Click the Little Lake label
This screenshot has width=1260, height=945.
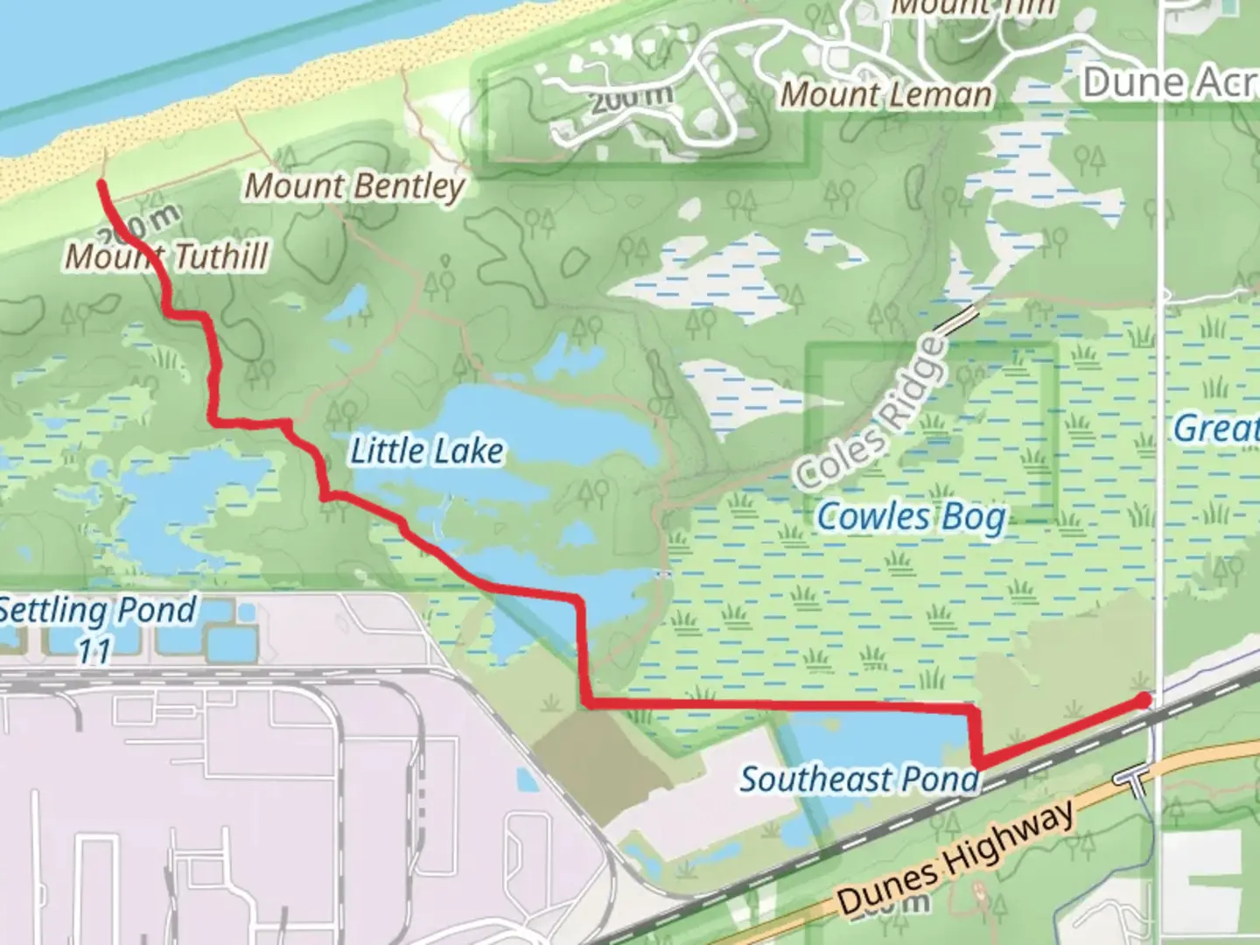(x=426, y=451)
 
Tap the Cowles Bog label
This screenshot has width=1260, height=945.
(x=910, y=516)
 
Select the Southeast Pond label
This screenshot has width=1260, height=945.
(x=859, y=779)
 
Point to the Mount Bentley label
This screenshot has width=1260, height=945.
(x=353, y=185)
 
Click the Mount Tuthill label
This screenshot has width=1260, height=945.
(x=167, y=255)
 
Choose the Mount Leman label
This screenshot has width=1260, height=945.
(x=885, y=94)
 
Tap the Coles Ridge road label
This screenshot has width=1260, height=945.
(x=871, y=414)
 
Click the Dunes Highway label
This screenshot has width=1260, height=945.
(x=955, y=858)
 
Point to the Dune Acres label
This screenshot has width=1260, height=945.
(x=1169, y=82)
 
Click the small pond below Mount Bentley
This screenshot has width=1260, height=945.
(x=354, y=302)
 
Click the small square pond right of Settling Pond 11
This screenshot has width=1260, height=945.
(x=246, y=612)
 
